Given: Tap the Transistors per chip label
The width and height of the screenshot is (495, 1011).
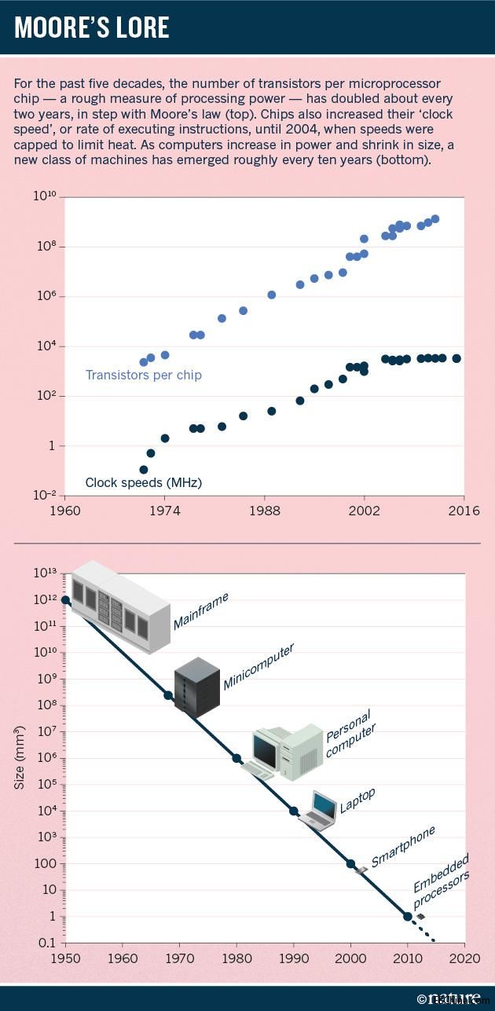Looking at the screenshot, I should (143, 375).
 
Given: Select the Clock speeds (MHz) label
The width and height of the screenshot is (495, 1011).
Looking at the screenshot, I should (137, 482).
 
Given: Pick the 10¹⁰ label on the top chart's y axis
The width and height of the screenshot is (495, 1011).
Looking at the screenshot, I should (44, 195).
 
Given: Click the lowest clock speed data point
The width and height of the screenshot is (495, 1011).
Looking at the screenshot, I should (144, 469).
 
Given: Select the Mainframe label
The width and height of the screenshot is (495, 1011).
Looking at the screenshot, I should (201, 610).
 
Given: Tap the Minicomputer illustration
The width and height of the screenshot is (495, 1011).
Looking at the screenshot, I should (196, 685).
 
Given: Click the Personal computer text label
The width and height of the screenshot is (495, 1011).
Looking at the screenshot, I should (350, 732).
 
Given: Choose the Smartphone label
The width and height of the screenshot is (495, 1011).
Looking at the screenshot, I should (403, 846).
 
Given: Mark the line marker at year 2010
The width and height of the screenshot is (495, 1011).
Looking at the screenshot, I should (408, 916).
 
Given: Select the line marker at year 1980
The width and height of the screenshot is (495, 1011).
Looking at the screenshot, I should (236, 758).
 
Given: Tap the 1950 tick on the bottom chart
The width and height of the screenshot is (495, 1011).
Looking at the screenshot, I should (65, 958).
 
